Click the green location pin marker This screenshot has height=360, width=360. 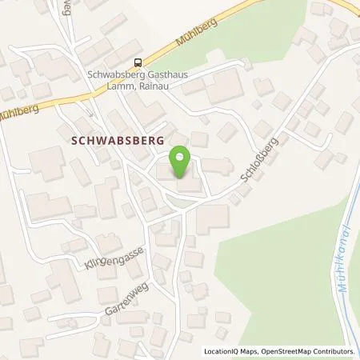[x=182, y=162]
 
